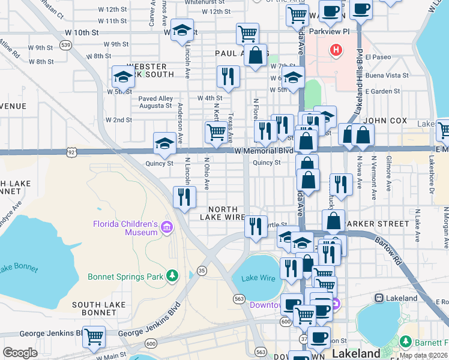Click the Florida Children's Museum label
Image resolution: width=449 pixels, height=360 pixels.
[x=124, y=229]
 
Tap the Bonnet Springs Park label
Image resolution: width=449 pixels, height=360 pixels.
[x=125, y=277]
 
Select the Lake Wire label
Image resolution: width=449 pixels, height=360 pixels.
[x=258, y=278]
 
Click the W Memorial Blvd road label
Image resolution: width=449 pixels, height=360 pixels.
[x=268, y=150]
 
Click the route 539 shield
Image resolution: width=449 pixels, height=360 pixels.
[x=65, y=44]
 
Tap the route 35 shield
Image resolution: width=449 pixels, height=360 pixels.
[x=202, y=271]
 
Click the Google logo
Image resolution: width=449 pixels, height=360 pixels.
[x=20, y=353]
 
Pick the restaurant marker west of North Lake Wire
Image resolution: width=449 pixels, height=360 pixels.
[x=184, y=197]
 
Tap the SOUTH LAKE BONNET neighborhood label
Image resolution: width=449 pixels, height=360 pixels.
[x=98, y=310]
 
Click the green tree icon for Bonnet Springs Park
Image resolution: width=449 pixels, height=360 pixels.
[x=173, y=276]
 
